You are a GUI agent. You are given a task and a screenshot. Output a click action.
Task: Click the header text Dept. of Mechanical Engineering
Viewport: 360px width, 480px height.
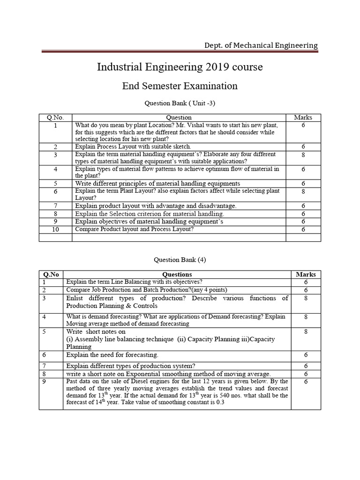tap(261, 45)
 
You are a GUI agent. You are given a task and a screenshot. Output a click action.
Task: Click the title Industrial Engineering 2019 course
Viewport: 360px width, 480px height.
tap(180, 67)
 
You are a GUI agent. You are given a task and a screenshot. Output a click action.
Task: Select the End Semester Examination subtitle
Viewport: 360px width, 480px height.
tap(180, 86)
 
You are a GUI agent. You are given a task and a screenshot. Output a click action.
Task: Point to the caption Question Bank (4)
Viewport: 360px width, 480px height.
tap(180, 259)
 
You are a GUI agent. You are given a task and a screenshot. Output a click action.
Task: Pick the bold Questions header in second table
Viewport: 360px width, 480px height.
tap(177, 274)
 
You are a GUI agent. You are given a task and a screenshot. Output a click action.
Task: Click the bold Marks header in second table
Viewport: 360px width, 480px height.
tap(306, 274)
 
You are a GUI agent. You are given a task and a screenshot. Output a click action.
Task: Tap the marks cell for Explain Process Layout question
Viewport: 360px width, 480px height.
tap(303, 147)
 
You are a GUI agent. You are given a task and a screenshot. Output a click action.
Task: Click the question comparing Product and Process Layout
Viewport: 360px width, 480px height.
tap(135, 229)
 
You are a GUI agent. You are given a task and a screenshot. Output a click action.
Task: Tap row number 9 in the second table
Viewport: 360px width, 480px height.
tap(45, 382)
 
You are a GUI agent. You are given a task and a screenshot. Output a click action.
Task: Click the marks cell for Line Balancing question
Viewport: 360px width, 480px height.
tap(306, 282)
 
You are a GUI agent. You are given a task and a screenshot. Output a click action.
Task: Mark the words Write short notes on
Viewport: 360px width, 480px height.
tap(96, 331)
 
